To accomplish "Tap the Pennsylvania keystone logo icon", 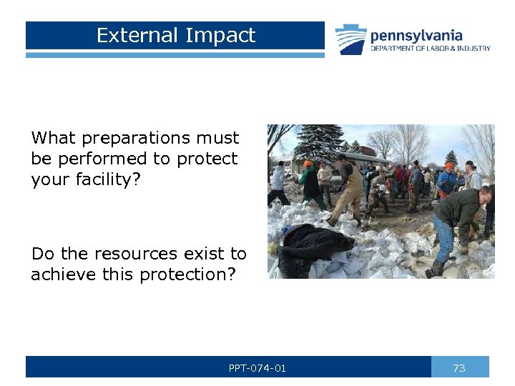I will pos(350,40).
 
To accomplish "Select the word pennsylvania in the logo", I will pos(416,35).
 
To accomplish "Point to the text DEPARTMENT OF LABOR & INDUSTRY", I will pos(430,49).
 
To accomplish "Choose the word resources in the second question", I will pos(144,254).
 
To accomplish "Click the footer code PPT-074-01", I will pos(257,368).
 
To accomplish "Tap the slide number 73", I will pos(459,368).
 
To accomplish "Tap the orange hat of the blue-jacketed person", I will pos(449,166).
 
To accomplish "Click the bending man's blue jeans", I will pos(443,239).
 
